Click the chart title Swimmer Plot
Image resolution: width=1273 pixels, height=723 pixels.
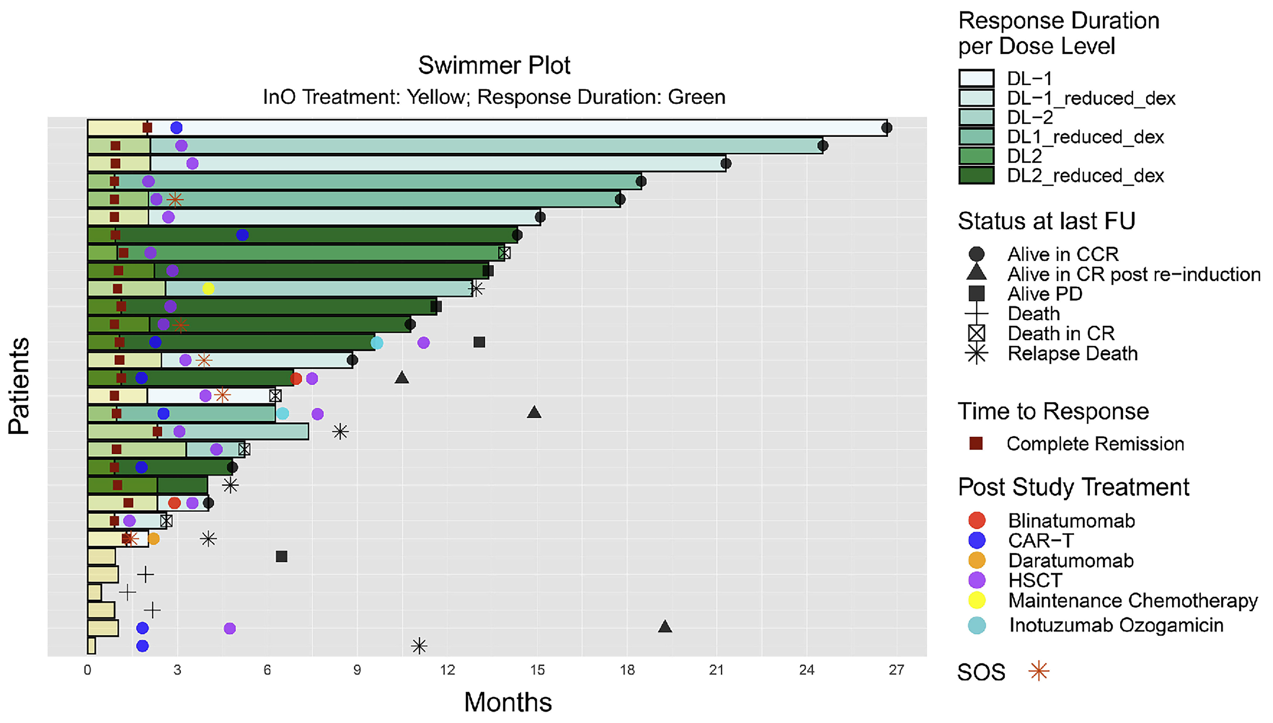494,65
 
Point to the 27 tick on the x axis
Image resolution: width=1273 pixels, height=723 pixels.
896,670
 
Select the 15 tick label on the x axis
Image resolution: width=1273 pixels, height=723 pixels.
537,670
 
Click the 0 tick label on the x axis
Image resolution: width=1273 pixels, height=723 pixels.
87,670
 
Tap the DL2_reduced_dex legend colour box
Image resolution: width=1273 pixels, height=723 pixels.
976,175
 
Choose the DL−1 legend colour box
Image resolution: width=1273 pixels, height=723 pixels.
976,78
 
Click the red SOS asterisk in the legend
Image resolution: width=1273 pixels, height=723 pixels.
1039,671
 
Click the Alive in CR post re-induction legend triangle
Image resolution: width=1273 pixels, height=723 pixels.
976,273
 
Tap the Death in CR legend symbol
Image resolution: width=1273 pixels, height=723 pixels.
976,333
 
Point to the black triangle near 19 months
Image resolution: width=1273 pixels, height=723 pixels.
665,627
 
